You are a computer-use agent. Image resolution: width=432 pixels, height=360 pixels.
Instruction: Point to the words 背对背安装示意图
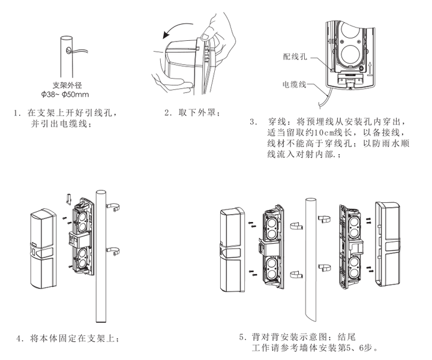click(288, 337)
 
